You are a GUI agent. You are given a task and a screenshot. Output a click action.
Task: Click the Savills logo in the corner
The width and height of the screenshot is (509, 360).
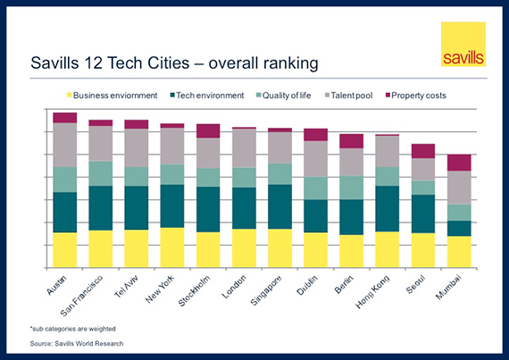click(463, 44)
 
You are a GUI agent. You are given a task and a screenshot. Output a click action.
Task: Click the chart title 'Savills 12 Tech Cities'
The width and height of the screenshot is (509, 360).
click(110, 63)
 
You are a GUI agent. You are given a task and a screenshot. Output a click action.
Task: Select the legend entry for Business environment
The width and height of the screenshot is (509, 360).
click(112, 96)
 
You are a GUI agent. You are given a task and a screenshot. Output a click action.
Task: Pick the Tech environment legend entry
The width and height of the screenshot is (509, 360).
click(207, 96)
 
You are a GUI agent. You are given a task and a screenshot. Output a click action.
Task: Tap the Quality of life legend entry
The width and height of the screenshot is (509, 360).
click(283, 96)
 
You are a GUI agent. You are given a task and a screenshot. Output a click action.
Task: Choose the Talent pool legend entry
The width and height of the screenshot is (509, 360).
click(348, 96)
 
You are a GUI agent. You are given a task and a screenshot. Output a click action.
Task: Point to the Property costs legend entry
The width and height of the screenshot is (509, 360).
click(415, 96)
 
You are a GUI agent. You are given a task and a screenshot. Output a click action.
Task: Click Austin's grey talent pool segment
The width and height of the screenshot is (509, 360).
click(65, 145)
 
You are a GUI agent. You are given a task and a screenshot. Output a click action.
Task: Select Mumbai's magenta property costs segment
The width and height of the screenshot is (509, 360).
click(459, 163)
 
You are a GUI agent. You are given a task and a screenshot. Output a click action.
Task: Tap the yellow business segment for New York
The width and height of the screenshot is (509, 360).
click(172, 247)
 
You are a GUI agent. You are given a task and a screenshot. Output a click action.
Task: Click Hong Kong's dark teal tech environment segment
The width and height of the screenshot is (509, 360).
click(388, 209)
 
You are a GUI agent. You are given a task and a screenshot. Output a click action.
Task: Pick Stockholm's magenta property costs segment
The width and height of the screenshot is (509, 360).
click(208, 131)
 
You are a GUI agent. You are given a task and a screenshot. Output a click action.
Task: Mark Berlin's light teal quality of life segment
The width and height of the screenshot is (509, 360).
click(352, 188)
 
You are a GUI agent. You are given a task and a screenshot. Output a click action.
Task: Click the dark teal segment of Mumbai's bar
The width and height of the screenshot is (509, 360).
click(459, 229)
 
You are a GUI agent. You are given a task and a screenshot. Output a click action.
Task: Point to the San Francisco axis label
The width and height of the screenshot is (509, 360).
click(82, 296)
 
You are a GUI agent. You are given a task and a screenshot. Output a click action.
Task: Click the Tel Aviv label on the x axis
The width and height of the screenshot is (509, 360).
click(126, 287)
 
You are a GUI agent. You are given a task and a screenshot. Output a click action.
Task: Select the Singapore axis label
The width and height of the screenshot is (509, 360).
click(266, 290)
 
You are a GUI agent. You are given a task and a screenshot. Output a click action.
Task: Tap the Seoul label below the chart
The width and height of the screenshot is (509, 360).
click(415, 284)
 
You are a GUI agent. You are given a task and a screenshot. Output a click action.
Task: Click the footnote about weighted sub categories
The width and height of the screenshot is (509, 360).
click(72, 329)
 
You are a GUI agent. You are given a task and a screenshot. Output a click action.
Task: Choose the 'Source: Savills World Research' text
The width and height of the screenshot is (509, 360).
click(77, 343)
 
